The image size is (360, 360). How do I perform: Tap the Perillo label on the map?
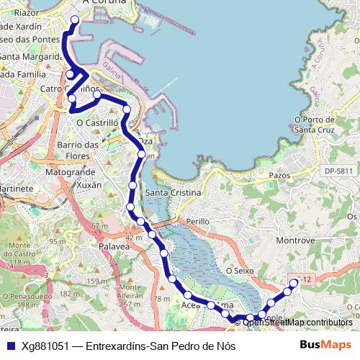tap(197, 222)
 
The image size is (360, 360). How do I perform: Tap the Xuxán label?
tap(89, 185)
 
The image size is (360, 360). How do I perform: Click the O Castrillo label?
tap(97, 123)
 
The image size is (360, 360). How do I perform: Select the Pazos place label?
tap(279, 175)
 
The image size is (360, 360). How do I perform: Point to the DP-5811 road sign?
tap(339, 171)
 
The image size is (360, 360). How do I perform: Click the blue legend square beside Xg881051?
tap(10, 346)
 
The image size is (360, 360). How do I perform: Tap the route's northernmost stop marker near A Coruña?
tap(76, 19)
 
